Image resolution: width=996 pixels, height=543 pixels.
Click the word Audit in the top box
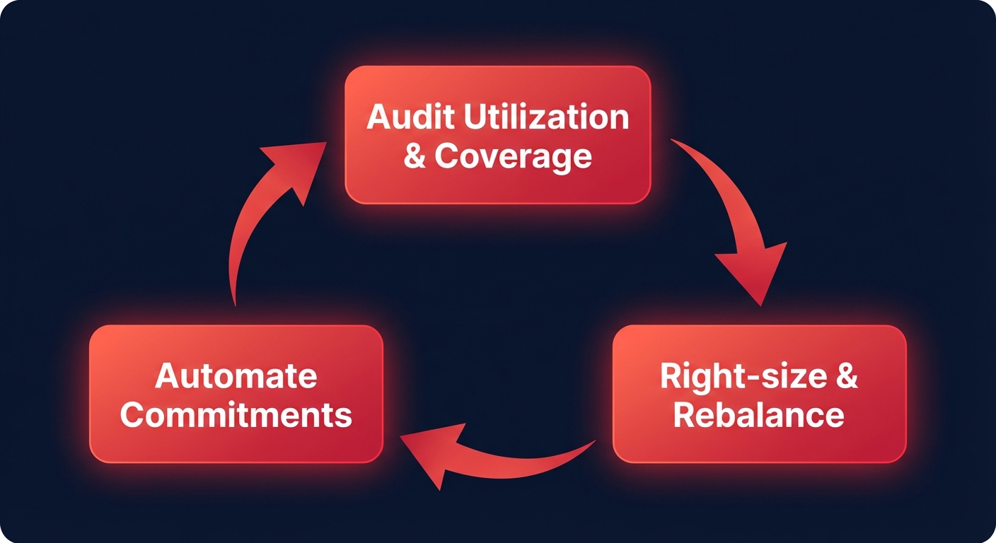[x=409, y=117]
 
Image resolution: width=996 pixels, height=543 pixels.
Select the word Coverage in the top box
[x=514, y=156]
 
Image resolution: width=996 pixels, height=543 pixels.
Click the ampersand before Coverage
[x=415, y=156]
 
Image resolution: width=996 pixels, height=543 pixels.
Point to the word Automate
[x=236, y=376]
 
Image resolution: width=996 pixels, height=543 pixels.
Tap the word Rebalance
[x=758, y=415]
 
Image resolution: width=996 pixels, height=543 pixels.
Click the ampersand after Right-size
[x=847, y=376]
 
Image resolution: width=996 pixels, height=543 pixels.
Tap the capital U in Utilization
[x=475, y=117]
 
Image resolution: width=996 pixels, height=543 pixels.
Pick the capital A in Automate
[x=167, y=376]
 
